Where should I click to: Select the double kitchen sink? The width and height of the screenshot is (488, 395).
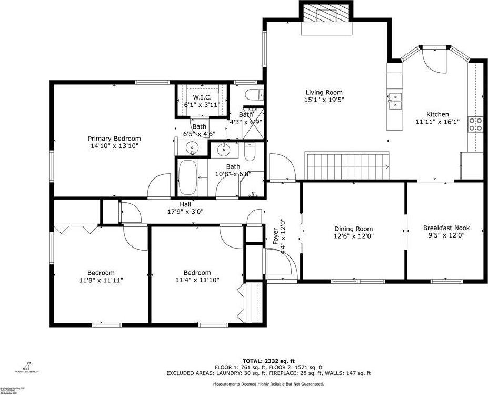tap(395, 101)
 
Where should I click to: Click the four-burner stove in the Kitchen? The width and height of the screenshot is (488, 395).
tap(476, 123)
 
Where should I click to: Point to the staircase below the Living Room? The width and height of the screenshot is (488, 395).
tap(347, 165)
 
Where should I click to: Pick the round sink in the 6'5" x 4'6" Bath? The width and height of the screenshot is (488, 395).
tap(193, 149)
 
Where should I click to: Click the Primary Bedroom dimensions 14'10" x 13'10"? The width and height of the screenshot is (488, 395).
tap(114, 146)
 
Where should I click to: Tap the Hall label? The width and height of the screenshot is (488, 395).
tap(185, 204)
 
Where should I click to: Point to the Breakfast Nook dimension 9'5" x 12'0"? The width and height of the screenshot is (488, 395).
tap(446, 235)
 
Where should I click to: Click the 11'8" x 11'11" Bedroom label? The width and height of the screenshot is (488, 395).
tap(101, 276)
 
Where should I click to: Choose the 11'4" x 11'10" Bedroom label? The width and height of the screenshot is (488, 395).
tap(197, 276)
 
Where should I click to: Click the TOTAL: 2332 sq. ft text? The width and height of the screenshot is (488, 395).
tap(268, 360)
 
